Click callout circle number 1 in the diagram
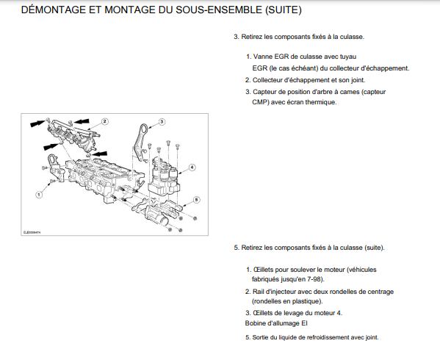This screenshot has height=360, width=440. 39,195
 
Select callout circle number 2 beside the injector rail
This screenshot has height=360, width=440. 104,121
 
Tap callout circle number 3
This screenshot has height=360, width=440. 162,122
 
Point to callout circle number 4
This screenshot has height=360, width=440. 192,168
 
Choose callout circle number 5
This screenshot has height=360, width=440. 196,200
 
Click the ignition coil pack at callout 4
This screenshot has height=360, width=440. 163,177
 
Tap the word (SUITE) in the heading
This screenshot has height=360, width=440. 283,10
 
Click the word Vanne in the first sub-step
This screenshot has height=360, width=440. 263,57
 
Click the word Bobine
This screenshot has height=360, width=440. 255,323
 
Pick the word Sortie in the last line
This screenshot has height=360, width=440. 261,337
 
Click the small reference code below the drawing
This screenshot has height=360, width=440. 32,232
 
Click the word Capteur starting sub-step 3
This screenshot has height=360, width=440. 264,92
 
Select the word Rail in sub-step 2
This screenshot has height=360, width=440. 258,292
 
